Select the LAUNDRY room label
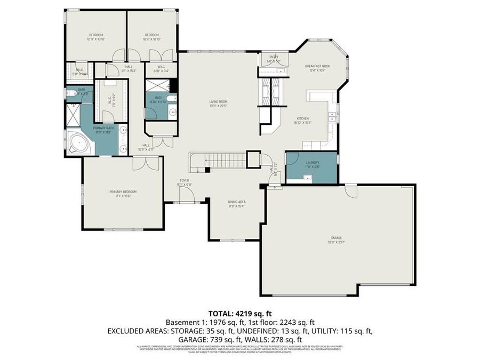click(x=313, y=164)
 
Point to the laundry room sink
click(x=308, y=178)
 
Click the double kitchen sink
click(x=332, y=117)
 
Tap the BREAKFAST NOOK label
click(x=318, y=66)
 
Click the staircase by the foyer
click(x=224, y=159)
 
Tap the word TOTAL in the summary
click(x=220, y=314)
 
